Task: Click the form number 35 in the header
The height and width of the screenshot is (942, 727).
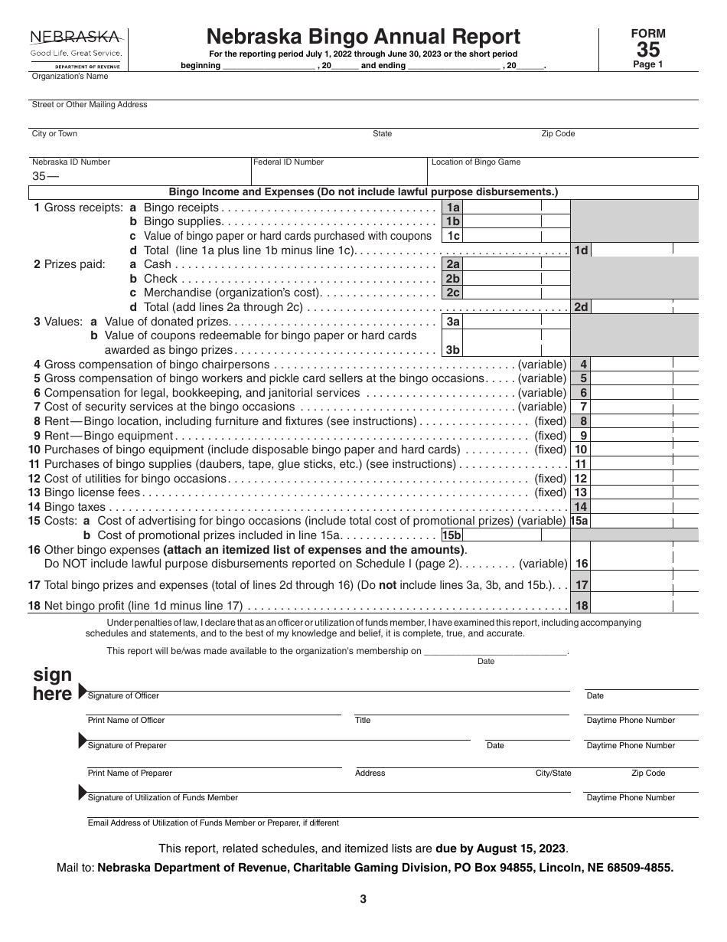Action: (x=647, y=49)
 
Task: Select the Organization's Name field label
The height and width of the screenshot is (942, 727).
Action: (x=70, y=77)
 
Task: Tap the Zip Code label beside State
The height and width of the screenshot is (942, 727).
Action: (x=558, y=134)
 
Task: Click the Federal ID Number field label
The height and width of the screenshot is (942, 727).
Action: (x=289, y=162)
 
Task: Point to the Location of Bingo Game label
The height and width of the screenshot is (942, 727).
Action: (x=476, y=162)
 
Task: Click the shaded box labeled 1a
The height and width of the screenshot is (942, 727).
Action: (x=452, y=208)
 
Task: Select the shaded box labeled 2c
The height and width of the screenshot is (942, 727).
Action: (x=452, y=293)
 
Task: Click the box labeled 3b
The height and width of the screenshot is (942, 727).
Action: (x=452, y=350)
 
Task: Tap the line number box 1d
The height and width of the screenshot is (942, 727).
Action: (x=581, y=250)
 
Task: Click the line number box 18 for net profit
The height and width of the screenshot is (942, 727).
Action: (x=582, y=606)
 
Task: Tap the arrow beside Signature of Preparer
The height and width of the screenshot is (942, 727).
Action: (x=83, y=740)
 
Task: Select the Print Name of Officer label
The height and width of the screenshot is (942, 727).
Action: (x=126, y=721)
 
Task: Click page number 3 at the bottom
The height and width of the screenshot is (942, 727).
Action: (x=363, y=900)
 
